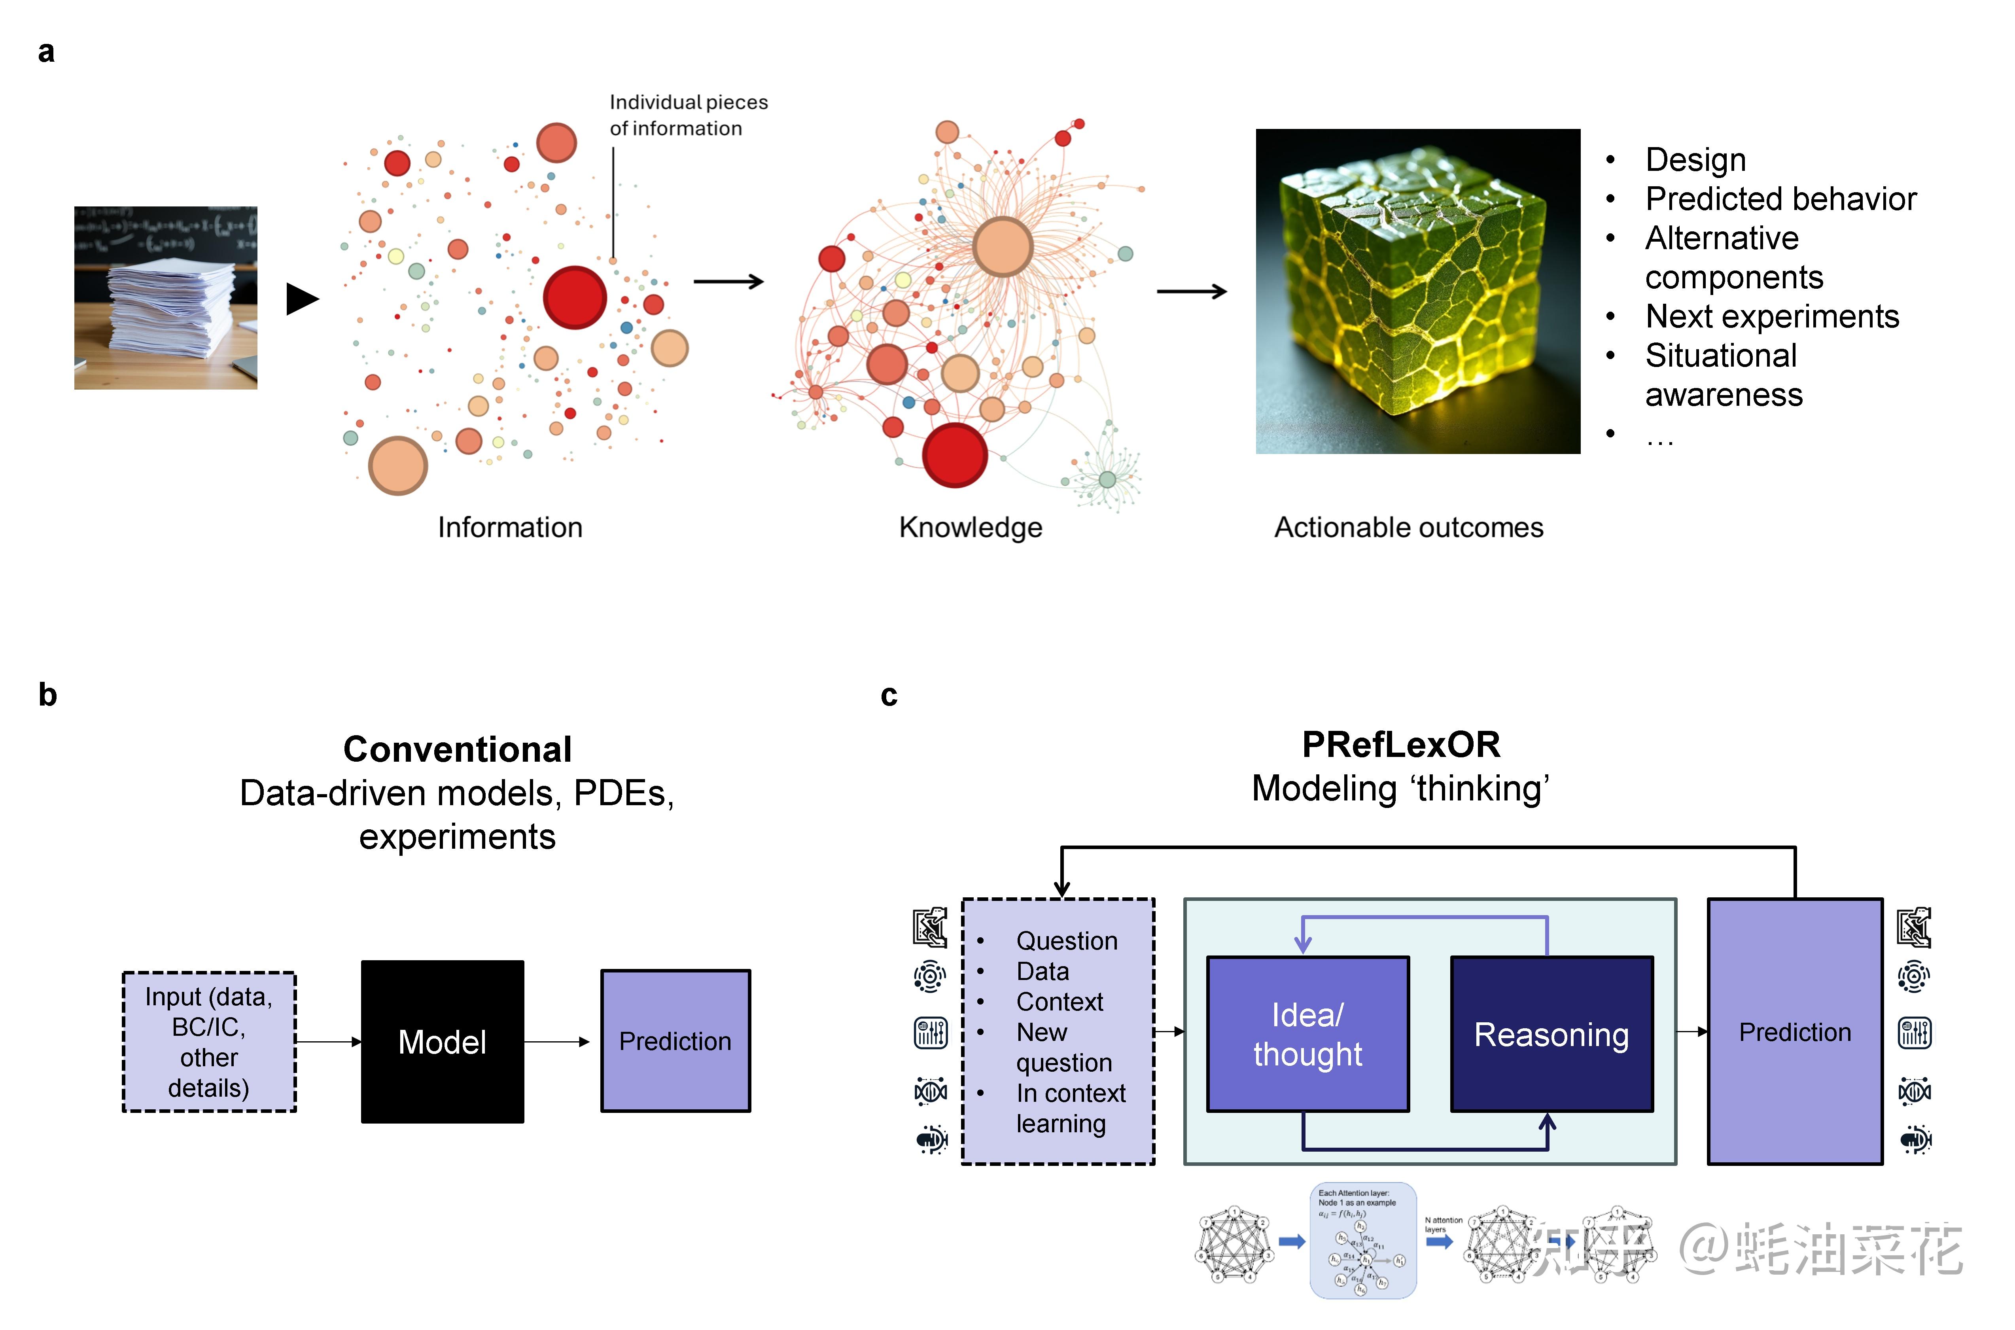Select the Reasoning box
click(1551, 1034)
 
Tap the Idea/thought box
click(1308, 1034)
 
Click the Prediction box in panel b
click(675, 1041)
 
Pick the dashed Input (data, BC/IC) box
click(209, 1042)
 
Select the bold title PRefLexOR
click(1401, 744)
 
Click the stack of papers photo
click(166, 298)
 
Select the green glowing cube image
click(1418, 291)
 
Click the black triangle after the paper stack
click(302, 299)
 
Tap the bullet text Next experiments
click(1772, 316)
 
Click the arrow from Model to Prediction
click(556, 1042)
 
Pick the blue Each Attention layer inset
click(1363, 1240)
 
